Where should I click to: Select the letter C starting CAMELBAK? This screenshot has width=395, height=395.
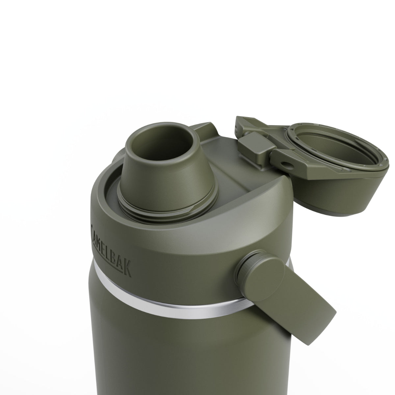pos(92,227)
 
